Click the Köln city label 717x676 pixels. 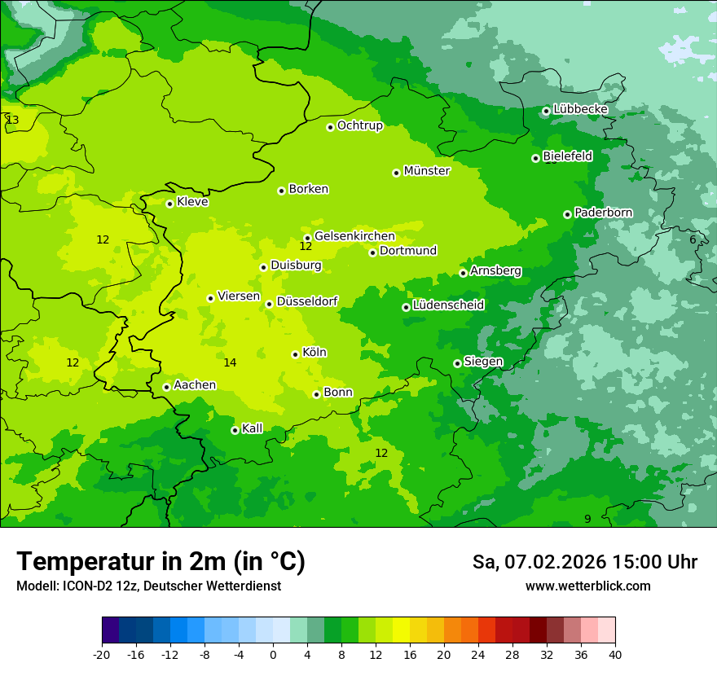pyautogui.click(x=315, y=353)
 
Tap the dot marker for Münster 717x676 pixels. pyautogui.click(x=396, y=173)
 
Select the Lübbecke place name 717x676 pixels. pyautogui.click(x=580, y=109)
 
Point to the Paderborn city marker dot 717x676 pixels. pyautogui.click(x=567, y=214)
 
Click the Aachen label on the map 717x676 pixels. pyautogui.click(x=195, y=384)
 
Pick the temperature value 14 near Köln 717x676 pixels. pyautogui.click(x=230, y=362)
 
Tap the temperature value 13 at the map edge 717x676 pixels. pyautogui.click(x=12, y=120)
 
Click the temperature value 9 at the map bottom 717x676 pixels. pyautogui.click(x=587, y=519)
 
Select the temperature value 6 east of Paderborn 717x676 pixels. pyautogui.click(x=693, y=239)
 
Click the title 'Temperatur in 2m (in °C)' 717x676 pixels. pyautogui.click(x=161, y=561)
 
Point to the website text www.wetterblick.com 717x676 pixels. pyautogui.click(x=587, y=586)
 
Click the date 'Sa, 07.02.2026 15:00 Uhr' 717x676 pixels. pyautogui.click(x=584, y=562)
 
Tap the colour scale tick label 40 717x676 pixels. pyautogui.click(x=614, y=655)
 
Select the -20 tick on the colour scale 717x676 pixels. pyautogui.click(x=102, y=655)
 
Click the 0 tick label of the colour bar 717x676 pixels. pyautogui.click(x=273, y=655)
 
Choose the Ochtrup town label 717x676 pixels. pyautogui.click(x=359, y=125)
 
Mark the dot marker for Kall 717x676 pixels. pyautogui.click(x=235, y=430)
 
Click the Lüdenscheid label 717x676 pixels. pyautogui.click(x=448, y=305)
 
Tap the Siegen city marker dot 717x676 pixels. pyautogui.click(x=457, y=363)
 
